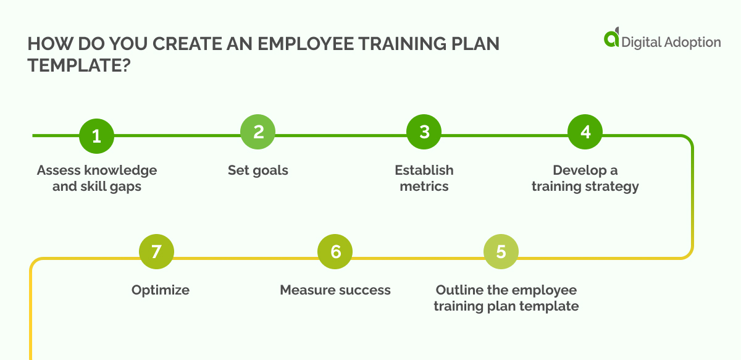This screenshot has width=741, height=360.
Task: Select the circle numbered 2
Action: tap(258, 132)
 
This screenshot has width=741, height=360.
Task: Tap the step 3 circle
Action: tap(424, 132)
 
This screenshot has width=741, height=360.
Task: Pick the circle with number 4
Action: tap(585, 132)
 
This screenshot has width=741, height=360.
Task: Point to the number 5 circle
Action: tap(501, 252)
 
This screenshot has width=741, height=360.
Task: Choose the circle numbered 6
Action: tap(335, 252)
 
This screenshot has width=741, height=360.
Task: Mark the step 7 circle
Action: tap(156, 252)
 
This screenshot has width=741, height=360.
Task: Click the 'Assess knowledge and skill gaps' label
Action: tap(97, 178)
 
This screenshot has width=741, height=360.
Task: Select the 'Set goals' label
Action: tap(258, 170)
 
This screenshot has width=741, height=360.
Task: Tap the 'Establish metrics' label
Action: tap(424, 178)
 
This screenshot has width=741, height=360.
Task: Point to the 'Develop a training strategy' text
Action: tap(585, 178)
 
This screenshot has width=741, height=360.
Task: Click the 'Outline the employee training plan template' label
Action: tap(506, 298)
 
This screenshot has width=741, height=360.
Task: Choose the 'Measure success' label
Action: tap(335, 290)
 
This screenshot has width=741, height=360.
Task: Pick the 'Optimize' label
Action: tap(161, 290)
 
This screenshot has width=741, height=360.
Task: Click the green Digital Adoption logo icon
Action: tap(611, 38)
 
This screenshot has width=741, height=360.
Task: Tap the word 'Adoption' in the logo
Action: tap(692, 42)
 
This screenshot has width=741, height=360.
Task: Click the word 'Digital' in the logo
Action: tap(641, 42)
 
